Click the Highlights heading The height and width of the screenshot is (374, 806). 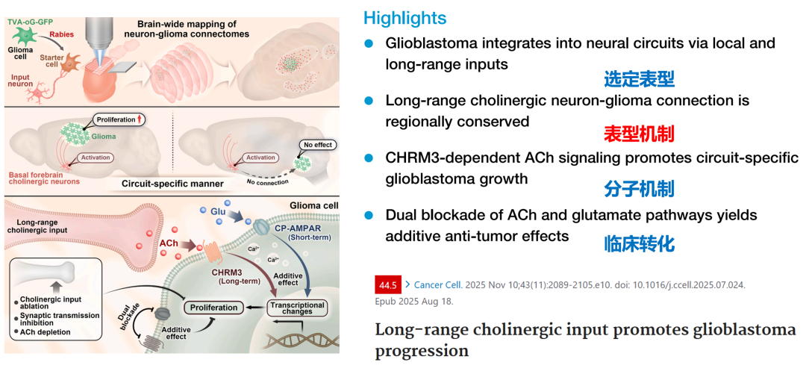(x=404, y=18)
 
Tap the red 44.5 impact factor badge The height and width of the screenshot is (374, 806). (x=387, y=285)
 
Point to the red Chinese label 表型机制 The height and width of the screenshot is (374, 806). (x=639, y=134)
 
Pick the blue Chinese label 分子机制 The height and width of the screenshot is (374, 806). (x=639, y=188)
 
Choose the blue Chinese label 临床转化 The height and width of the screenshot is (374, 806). (x=639, y=243)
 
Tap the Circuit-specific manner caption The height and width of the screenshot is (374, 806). (x=163, y=182)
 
